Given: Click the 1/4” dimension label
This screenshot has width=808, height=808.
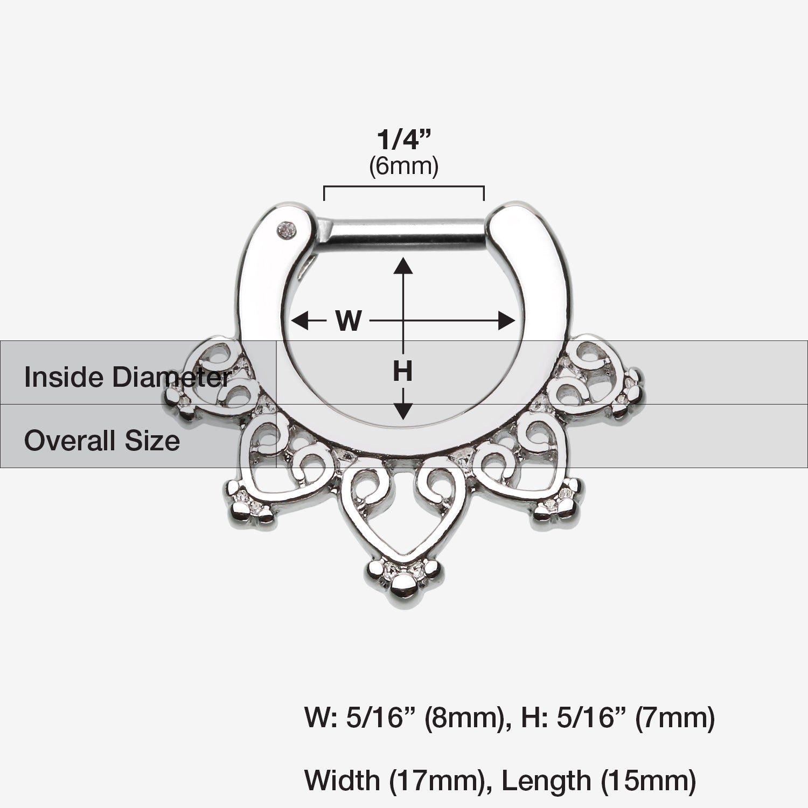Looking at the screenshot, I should tap(403, 140).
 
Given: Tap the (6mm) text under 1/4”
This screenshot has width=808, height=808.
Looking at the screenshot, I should tap(403, 166).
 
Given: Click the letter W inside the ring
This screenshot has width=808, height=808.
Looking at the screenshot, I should tap(349, 322).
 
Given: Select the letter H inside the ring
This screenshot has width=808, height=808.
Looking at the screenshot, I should tap(402, 371).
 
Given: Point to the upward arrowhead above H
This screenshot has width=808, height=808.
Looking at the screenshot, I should tap(403, 266).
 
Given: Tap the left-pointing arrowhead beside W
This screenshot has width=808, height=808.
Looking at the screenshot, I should tap(299, 322).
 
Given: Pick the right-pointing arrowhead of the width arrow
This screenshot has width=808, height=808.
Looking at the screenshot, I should tap(506, 322).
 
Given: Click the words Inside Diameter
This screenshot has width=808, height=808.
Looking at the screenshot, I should tap(128, 377).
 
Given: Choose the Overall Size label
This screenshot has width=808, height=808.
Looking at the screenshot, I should tap(102, 441).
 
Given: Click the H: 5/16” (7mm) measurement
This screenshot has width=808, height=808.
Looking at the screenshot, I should tap(617, 718).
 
